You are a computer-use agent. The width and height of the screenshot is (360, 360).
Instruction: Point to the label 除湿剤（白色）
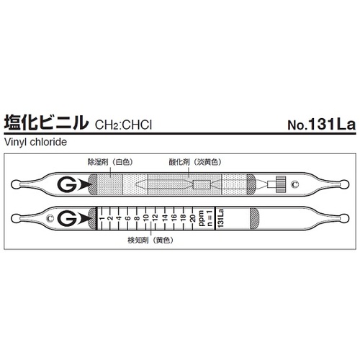point(110,163)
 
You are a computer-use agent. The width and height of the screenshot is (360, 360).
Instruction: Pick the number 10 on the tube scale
point(145,217)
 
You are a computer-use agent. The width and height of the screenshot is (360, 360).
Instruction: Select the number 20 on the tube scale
point(191,217)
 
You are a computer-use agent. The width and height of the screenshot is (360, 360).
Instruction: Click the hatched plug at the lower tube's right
point(254,217)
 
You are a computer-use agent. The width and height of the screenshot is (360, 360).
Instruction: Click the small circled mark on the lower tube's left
point(50,217)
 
